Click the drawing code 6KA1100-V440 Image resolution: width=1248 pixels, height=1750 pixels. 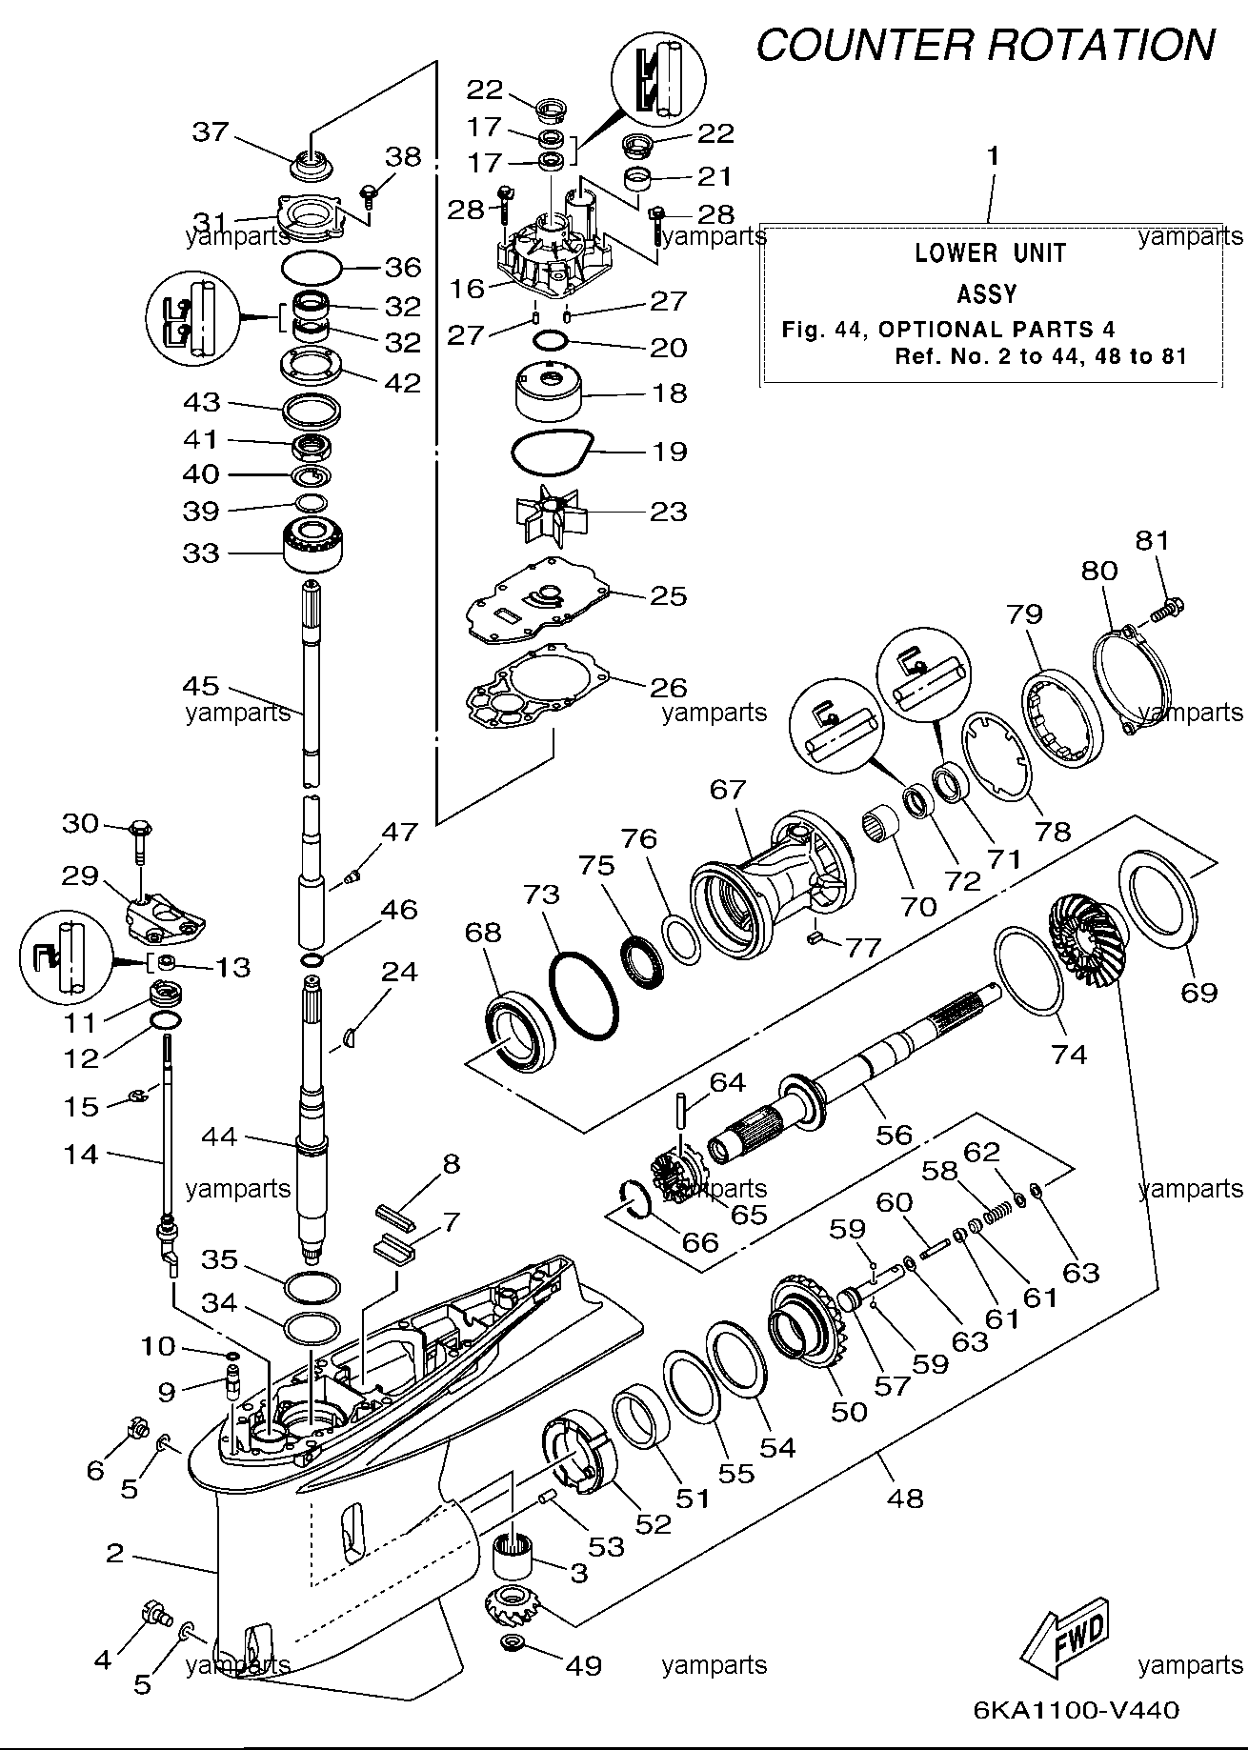(1077, 1709)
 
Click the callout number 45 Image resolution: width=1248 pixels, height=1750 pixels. (201, 686)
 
